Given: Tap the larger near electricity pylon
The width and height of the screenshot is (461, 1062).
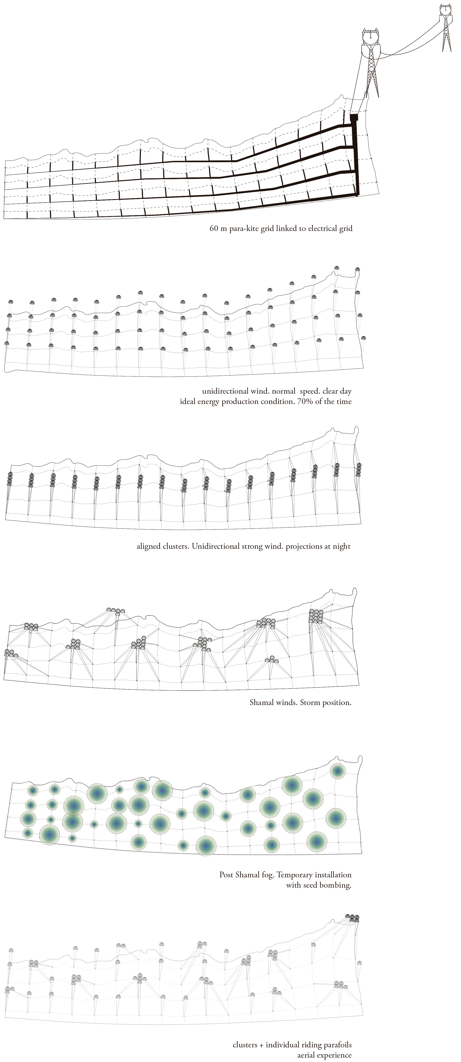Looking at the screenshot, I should (372, 62).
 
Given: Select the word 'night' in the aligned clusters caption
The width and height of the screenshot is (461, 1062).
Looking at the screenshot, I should (341, 547).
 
